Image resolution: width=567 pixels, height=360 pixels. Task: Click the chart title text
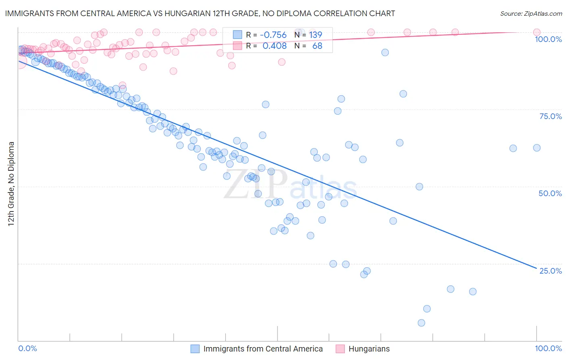(x=200, y=13)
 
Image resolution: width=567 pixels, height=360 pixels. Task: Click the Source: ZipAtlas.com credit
(x=531, y=13)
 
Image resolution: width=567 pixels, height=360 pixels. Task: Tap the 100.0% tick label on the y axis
(x=548, y=39)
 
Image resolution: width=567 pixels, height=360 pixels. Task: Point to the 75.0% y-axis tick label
(x=550, y=116)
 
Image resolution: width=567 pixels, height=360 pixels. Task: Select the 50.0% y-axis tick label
(x=550, y=193)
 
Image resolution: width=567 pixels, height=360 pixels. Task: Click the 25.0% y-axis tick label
(x=550, y=271)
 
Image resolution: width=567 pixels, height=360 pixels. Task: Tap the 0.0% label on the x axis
(x=27, y=348)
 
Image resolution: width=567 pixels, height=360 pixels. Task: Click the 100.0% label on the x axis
(x=548, y=348)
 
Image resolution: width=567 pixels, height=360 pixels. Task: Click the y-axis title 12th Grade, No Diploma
(x=11, y=184)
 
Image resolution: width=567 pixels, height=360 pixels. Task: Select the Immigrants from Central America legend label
(x=263, y=349)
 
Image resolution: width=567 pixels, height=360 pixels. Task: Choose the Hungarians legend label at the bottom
(x=369, y=349)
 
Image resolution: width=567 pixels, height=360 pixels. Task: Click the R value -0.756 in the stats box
(x=273, y=35)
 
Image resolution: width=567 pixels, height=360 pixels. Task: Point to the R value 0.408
(x=274, y=46)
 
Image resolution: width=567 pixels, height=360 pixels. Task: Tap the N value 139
(x=315, y=35)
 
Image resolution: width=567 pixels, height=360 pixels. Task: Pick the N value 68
(x=317, y=46)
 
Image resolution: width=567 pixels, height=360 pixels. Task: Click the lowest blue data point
(x=421, y=323)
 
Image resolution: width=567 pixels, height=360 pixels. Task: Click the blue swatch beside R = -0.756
(x=238, y=35)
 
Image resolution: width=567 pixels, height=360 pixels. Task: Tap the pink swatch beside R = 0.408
(x=238, y=46)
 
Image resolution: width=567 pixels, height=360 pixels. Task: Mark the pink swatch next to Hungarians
(x=340, y=349)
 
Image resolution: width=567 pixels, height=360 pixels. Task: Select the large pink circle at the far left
(x=19, y=62)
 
